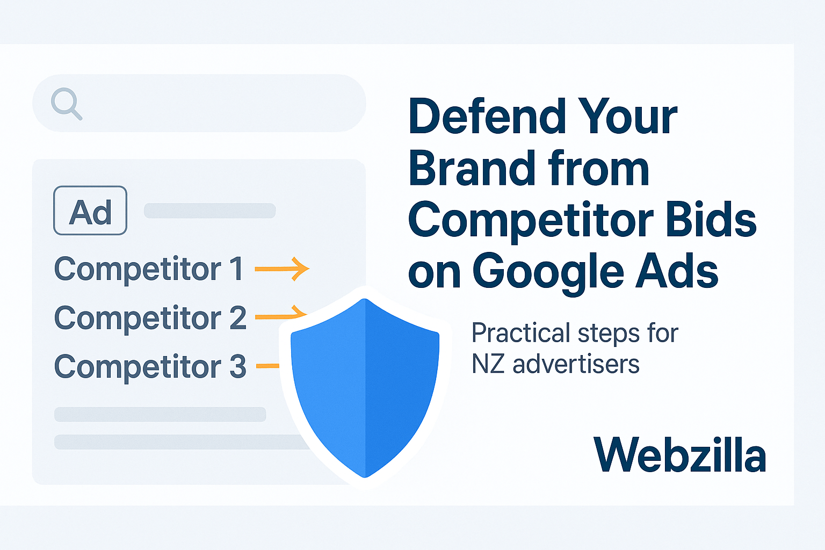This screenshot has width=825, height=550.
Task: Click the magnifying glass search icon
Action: point(66,103)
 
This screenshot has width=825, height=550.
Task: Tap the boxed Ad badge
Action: point(90,211)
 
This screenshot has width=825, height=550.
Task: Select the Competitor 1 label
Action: point(148,269)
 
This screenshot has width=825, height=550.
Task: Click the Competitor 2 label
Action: point(150,317)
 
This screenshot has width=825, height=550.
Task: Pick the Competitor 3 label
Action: point(150,367)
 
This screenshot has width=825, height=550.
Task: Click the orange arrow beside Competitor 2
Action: point(279,315)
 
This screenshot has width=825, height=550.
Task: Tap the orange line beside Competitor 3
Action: point(267,366)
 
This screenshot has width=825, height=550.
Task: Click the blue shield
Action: point(365,387)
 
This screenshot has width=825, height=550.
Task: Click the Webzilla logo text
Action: point(679,455)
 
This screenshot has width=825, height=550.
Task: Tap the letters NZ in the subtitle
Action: point(488,364)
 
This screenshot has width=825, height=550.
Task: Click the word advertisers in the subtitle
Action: point(576,364)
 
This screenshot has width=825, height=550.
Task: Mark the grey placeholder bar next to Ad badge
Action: point(209,211)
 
